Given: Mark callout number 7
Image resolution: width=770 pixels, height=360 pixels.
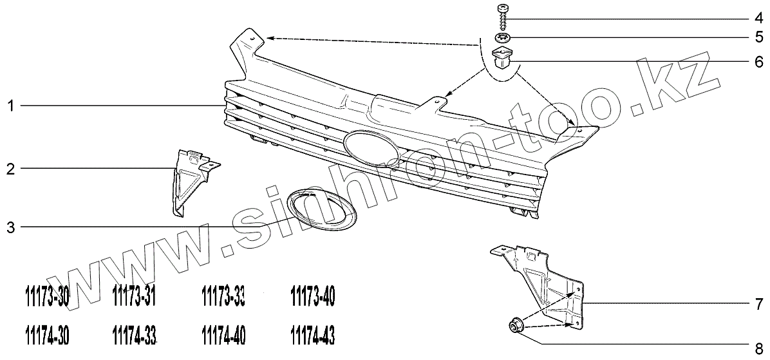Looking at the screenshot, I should pos(760,303).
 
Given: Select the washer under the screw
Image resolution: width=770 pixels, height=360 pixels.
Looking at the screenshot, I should pos(503,37).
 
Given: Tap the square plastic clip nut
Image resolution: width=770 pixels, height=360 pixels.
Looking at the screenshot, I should pos(503,59).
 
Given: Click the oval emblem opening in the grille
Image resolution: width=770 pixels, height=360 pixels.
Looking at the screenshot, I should pos(371,147).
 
